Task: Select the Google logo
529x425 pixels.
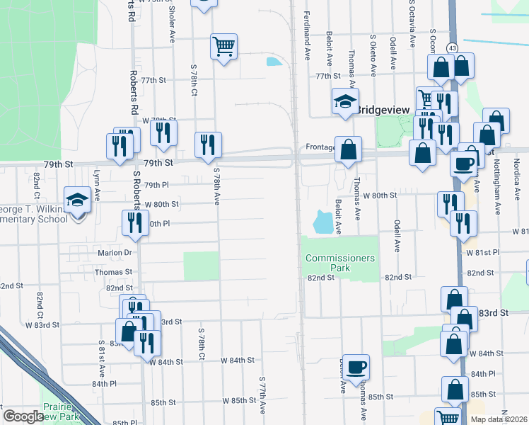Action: (23, 416)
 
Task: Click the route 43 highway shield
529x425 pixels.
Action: (451, 47)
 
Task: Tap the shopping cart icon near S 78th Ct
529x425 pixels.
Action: (223, 47)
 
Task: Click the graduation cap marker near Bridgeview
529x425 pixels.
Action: (345, 102)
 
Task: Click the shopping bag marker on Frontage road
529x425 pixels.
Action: (348, 149)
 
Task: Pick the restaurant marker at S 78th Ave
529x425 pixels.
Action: (209, 145)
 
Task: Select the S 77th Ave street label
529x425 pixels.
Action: (262, 394)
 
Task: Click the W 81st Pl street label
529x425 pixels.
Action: (482, 251)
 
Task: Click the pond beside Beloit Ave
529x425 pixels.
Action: (322, 222)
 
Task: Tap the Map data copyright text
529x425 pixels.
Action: (498, 419)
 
